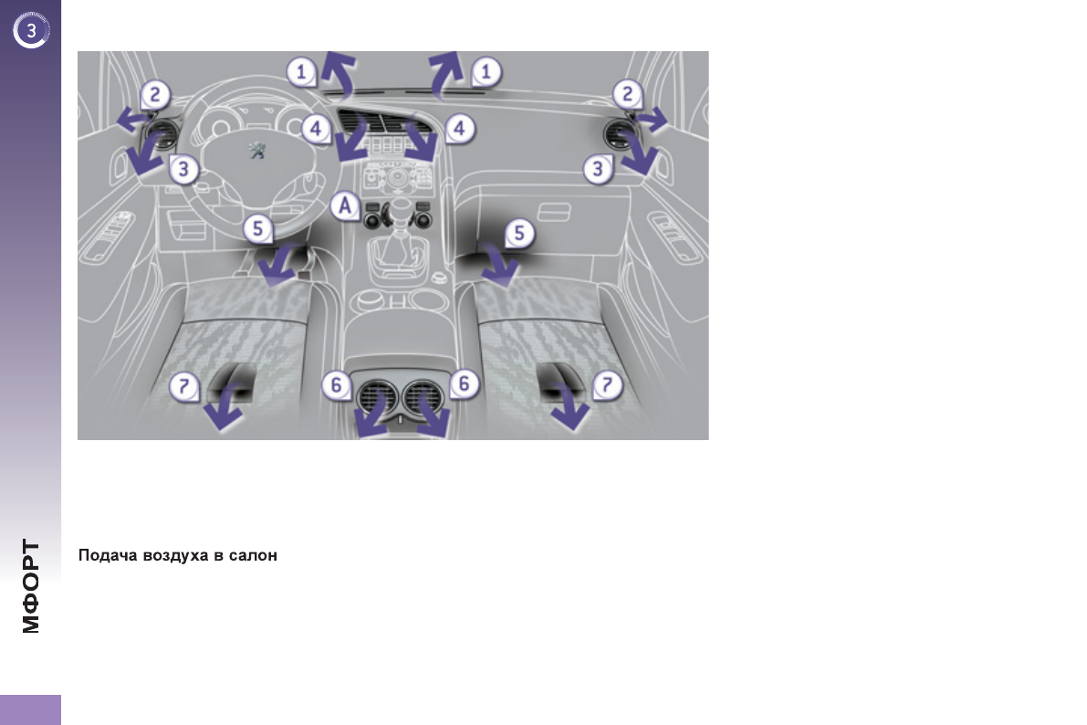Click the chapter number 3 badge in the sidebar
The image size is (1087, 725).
(30, 30)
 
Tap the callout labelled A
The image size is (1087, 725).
(345, 206)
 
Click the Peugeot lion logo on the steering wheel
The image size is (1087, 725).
(257, 149)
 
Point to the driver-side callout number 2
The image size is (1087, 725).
(154, 94)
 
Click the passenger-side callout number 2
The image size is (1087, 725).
(627, 94)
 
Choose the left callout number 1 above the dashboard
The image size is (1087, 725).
(301, 71)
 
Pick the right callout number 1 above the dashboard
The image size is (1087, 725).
(486, 71)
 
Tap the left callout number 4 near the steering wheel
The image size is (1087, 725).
(316, 129)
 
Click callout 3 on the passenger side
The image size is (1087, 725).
(598, 169)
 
